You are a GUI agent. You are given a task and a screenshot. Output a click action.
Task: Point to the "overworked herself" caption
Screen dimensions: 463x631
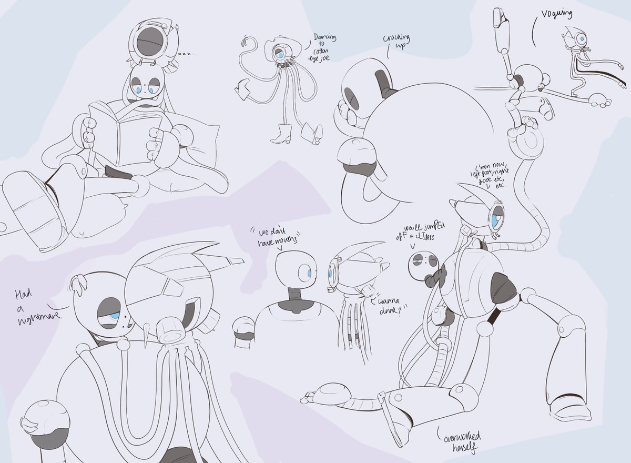coord(461,441)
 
